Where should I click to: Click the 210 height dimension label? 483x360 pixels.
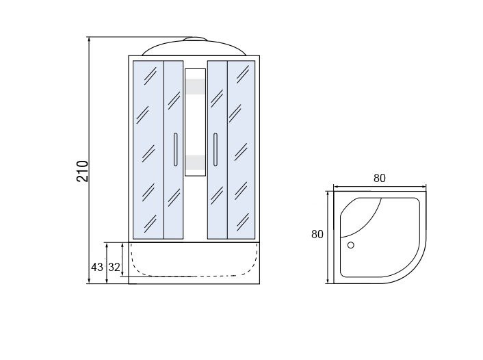coord(82,171)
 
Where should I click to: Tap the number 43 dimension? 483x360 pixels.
coord(96,267)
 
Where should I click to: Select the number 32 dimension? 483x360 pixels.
coord(114,267)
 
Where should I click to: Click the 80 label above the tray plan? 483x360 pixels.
coord(380,178)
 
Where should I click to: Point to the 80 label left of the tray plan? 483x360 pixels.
coord(317,234)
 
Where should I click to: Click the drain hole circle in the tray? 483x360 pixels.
coord(350,245)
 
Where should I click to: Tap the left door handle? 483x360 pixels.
coord(175,149)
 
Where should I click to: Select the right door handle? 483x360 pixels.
coord(216,149)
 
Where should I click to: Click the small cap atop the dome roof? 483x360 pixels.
coord(195,39)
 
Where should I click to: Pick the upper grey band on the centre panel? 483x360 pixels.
coord(195,86)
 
